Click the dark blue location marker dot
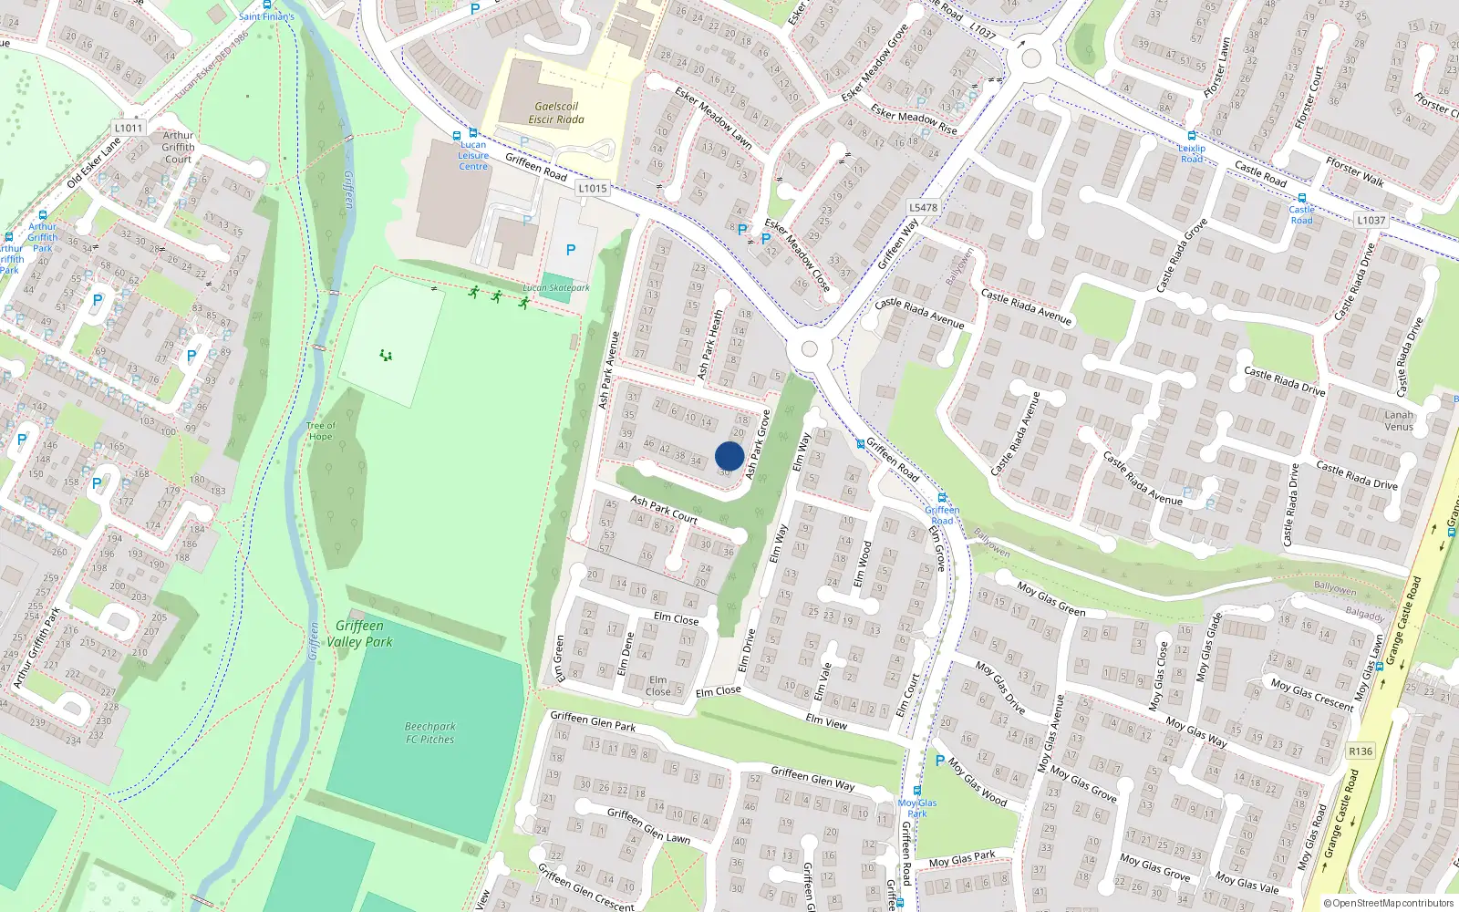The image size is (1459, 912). pos(729,456)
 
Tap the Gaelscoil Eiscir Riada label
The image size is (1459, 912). pos(556,113)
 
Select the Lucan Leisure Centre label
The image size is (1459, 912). pos(473,156)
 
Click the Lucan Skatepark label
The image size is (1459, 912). pos(556,288)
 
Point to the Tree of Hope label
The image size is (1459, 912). pos(321,431)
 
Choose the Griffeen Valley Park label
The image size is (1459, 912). pos(359,634)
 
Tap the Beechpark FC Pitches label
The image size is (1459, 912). pos(430,733)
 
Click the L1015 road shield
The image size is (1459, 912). pos(593,189)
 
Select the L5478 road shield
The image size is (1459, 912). pos(923,208)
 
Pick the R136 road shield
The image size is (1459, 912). pos(1361,751)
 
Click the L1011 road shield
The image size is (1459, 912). pos(129,128)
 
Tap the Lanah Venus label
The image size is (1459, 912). pos(1399,420)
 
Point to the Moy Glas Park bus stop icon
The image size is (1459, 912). pos(917,791)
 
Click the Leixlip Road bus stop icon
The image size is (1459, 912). pos(1192,136)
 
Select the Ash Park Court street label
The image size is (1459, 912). pos(664,510)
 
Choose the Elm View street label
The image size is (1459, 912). pos(826,722)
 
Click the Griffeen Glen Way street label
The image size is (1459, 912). pos(812,778)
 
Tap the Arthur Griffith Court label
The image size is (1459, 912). pos(179,148)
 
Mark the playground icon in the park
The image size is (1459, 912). pos(386,355)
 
